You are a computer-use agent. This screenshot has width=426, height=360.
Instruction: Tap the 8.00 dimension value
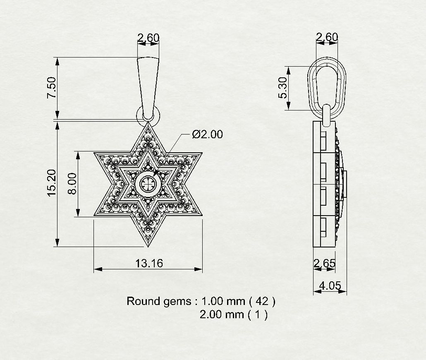[72, 184]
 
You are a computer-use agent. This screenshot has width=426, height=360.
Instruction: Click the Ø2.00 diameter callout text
[207, 134]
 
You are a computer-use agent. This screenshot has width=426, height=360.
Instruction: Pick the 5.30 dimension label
[282, 88]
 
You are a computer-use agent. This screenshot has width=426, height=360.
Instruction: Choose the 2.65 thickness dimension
[324, 263]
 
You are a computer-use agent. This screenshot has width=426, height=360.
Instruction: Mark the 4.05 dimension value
[330, 285]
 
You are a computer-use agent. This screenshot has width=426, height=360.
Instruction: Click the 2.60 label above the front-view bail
[148, 38]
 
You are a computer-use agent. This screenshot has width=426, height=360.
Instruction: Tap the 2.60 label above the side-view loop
[327, 37]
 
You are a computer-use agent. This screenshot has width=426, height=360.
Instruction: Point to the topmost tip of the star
[148, 123]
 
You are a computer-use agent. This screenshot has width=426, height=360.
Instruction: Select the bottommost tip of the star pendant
[148, 246]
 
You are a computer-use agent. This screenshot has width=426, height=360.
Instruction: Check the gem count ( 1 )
[258, 314]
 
